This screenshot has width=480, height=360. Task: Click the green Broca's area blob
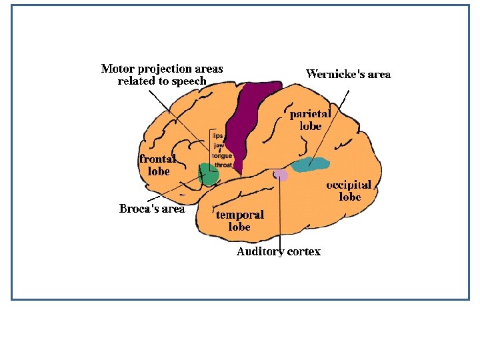pyautogui.click(x=209, y=175)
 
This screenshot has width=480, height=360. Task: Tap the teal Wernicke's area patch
pyautogui.click(x=310, y=164)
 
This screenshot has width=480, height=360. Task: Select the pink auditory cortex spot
pyautogui.click(x=281, y=175)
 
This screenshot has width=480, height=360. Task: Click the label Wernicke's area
pyautogui.click(x=348, y=74)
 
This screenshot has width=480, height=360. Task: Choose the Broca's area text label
pyautogui.click(x=151, y=209)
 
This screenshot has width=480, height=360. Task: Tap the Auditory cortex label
pyautogui.click(x=278, y=251)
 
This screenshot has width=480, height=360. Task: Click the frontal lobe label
pyautogui.click(x=157, y=165)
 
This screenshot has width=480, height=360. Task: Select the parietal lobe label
pyautogui.click(x=309, y=119)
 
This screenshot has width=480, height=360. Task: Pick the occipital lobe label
pyautogui.click(x=348, y=190)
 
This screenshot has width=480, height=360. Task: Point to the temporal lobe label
pyautogui.click(x=239, y=221)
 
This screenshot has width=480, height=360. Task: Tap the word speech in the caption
pyautogui.click(x=189, y=81)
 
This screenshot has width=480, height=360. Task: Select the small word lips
pyautogui.click(x=217, y=135)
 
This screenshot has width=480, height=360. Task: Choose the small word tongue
pyautogui.click(x=221, y=155)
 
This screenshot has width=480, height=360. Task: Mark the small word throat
pyautogui.click(x=223, y=165)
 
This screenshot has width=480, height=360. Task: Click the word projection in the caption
pyautogui.click(x=161, y=69)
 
